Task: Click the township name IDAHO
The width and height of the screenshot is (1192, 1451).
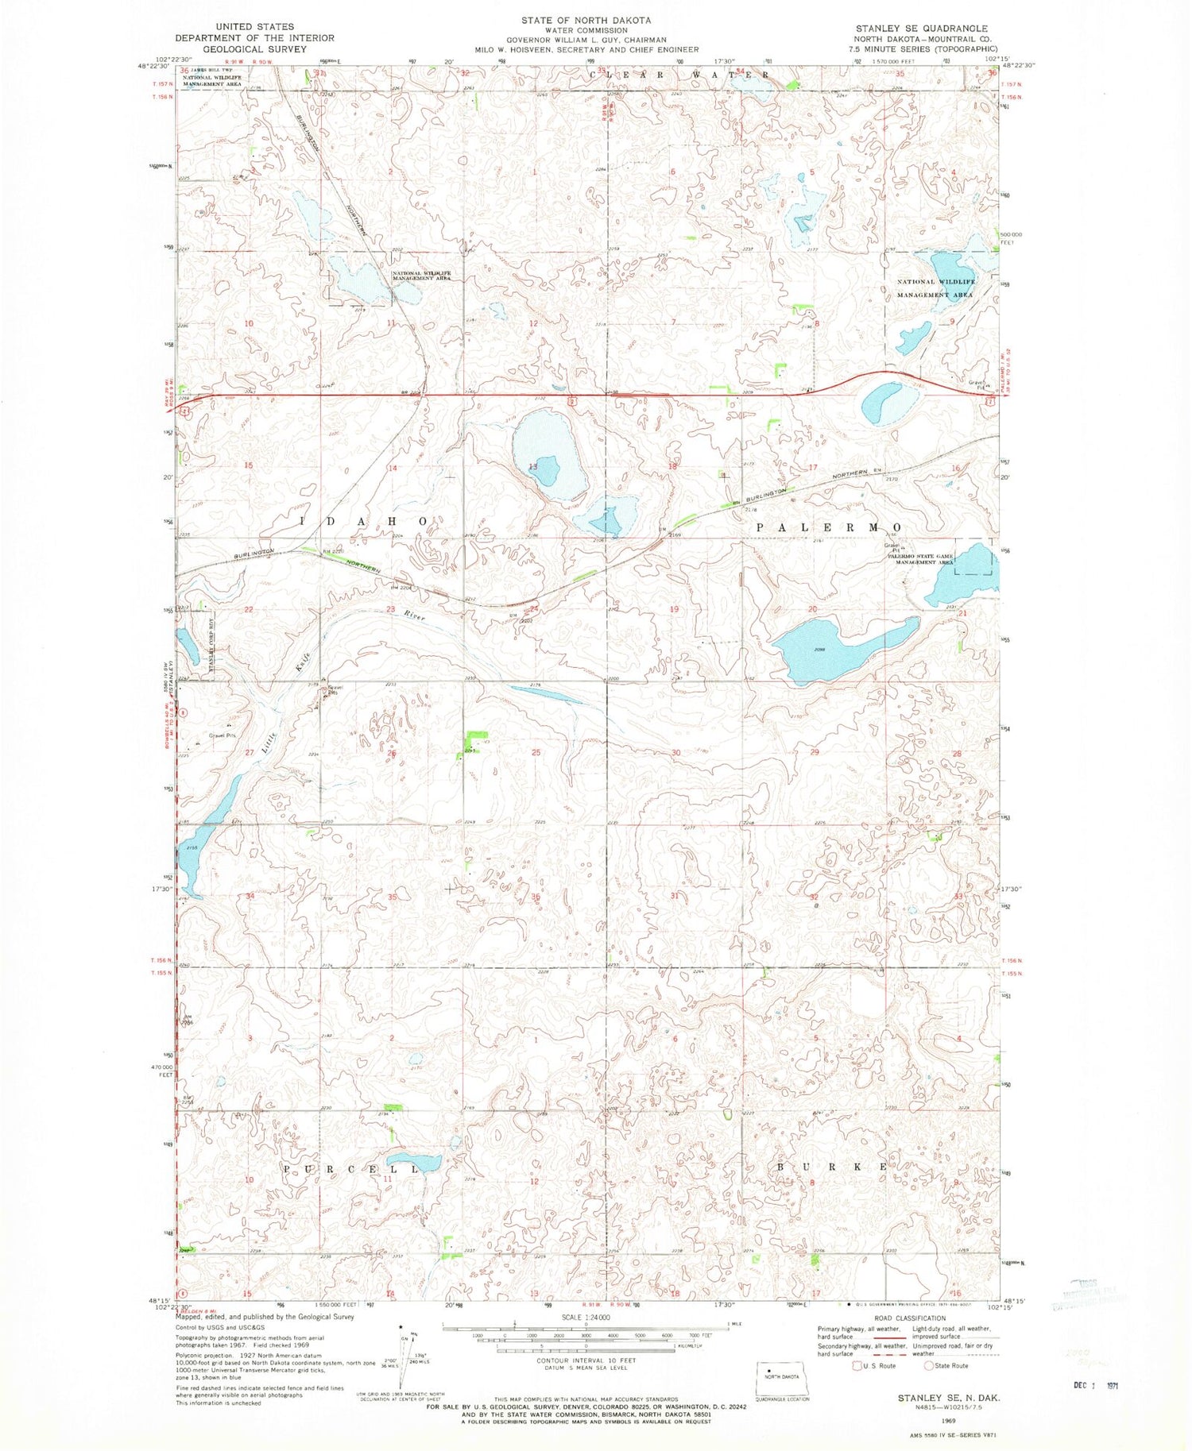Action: pos(365,522)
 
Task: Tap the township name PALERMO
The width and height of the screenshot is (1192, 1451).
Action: pos(828,527)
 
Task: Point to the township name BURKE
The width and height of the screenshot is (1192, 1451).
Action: pos(830,1167)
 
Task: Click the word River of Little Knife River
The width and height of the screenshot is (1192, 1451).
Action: pos(414,616)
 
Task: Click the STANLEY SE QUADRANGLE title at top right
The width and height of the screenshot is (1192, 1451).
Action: pos(921,28)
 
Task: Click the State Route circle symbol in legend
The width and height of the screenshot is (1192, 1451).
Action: pos(927,1366)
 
